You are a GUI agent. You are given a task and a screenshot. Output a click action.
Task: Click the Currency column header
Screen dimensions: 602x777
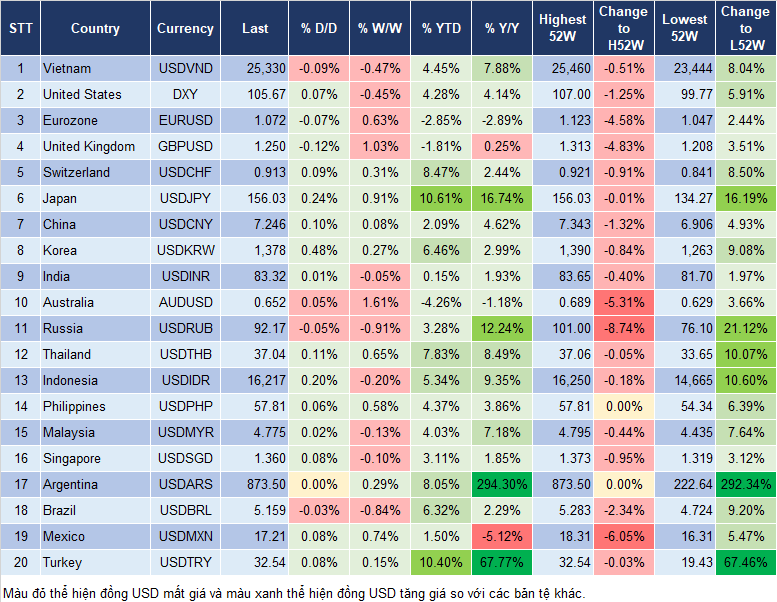coord(185,29)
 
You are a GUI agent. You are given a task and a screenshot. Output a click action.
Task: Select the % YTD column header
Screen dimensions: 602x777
coord(441,29)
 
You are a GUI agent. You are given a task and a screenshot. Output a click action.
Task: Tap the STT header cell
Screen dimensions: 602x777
coord(20,29)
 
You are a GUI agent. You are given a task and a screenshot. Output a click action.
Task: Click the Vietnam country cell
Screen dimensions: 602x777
coord(67,68)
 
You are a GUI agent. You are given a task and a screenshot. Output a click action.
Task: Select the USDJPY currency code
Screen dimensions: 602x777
coord(185,198)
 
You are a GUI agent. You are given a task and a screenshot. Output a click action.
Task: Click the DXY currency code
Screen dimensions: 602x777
coord(185,94)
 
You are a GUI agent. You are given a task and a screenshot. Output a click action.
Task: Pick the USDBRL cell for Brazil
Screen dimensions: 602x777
coord(185,510)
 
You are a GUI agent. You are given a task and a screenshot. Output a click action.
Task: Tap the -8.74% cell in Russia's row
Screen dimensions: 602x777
coord(623,328)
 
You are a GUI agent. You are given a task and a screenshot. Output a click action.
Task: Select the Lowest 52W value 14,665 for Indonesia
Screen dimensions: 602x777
coord(687,380)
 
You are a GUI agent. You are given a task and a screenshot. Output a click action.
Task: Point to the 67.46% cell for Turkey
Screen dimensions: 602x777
coord(744,562)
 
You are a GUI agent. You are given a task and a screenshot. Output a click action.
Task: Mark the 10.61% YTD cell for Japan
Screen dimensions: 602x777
coord(441,198)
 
